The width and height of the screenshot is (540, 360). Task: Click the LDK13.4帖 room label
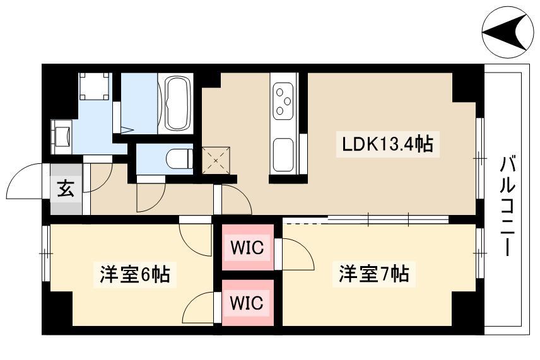click(387, 144)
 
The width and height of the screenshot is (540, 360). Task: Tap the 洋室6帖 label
click(135, 274)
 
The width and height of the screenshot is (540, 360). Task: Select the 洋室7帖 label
click(374, 274)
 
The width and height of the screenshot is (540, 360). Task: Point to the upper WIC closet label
click(247, 247)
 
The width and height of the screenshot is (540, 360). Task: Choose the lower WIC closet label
click(247, 303)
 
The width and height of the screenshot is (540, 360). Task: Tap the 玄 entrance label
click(66, 189)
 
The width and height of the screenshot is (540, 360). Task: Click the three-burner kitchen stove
click(283, 101)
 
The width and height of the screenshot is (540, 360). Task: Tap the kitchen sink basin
click(284, 154)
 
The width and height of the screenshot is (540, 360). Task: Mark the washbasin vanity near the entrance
click(61, 137)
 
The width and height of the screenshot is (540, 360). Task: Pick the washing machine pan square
click(95, 86)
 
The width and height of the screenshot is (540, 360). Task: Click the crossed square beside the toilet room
click(216, 160)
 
